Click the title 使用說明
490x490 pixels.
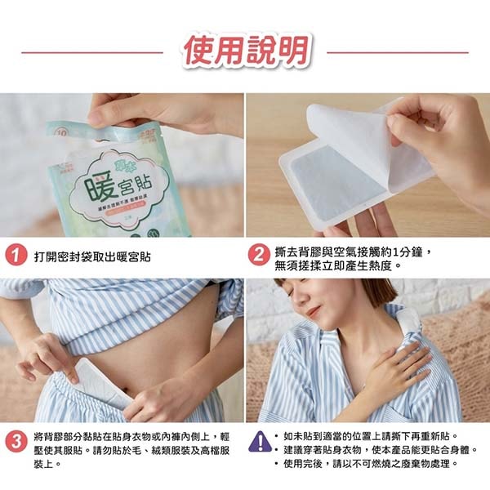click(244, 51)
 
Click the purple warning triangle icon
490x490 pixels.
click(260, 442)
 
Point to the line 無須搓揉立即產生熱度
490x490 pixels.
click(339, 265)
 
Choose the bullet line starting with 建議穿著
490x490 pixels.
click(380, 449)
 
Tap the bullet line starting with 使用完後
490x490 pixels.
click(372, 463)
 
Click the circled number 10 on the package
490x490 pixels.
click(60, 129)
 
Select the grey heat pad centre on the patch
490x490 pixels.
click(327, 184)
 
